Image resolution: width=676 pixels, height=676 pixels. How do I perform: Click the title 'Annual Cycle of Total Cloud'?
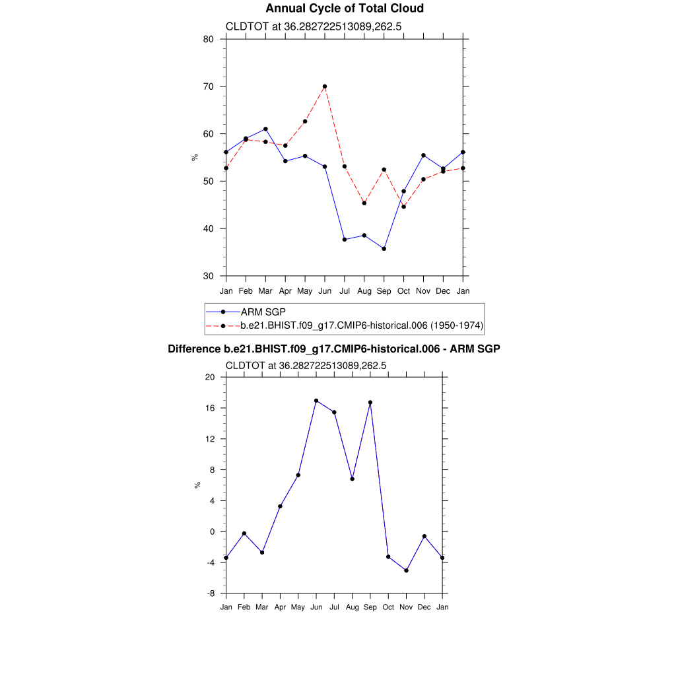click(344, 9)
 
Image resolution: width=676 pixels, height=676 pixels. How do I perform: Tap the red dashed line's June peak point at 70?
click(325, 86)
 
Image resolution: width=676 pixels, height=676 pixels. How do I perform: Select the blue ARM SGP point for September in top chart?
click(384, 249)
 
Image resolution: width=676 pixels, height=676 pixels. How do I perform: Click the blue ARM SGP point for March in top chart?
click(265, 129)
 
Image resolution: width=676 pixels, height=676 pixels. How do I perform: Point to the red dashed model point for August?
click(364, 203)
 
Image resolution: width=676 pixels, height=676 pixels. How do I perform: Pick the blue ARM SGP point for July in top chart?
click(345, 240)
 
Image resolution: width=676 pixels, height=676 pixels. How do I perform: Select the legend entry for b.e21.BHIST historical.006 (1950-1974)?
click(362, 325)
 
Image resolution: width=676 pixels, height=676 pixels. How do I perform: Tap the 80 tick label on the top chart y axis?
click(208, 39)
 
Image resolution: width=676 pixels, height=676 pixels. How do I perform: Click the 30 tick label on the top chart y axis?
click(208, 276)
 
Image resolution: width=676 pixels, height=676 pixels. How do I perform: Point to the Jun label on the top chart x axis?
click(325, 291)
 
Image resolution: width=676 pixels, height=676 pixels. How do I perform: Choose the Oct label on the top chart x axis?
click(404, 291)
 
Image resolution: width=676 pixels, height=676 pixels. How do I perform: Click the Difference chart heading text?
click(334, 349)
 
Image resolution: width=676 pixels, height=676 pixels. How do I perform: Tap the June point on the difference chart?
click(316, 401)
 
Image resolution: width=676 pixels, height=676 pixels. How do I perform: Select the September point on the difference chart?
click(370, 402)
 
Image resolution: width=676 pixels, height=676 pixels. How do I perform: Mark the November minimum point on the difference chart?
click(407, 570)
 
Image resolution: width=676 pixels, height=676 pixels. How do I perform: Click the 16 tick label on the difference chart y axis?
click(211, 408)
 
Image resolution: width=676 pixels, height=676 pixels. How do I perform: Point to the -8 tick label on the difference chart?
click(211, 593)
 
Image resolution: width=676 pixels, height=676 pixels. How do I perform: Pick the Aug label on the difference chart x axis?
click(353, 607)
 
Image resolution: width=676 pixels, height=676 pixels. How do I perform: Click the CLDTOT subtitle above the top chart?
click(314, 27)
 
